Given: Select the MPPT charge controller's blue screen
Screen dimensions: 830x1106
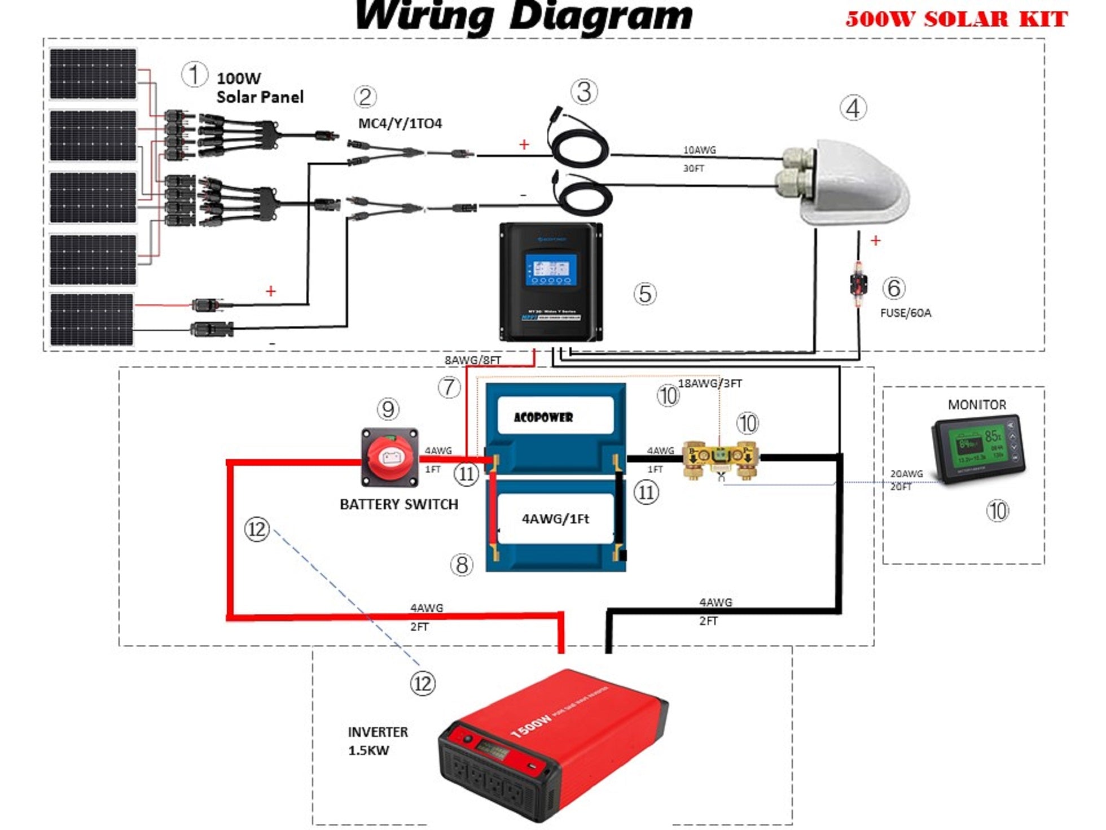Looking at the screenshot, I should click(551, 270).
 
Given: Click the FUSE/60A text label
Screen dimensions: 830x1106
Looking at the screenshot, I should click(905, 313).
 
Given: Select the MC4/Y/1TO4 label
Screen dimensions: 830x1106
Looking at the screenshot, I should click(400, 123).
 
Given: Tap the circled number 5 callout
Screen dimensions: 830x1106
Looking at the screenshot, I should click(644, 294).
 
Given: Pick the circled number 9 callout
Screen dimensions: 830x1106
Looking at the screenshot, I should click(388, 409).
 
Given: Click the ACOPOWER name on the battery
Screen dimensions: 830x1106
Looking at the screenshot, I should click(543, 417).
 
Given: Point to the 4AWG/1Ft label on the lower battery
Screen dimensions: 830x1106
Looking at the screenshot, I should click(555, 519).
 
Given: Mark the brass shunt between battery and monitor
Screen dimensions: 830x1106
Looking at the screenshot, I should click(720, 457).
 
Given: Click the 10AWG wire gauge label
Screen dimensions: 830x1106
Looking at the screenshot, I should click(699, 150).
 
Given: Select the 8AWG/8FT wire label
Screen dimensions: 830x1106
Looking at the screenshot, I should click(472, 360).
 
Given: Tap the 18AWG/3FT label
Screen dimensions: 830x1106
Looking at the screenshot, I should click(709, 383).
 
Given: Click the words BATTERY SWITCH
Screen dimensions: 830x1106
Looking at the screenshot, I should click(399, 504).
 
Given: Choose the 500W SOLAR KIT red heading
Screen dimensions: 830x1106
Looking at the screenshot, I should click(956, 19).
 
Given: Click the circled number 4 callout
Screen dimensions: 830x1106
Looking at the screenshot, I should click(853, 108).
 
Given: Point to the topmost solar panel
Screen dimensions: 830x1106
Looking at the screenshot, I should click(93, 74).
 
